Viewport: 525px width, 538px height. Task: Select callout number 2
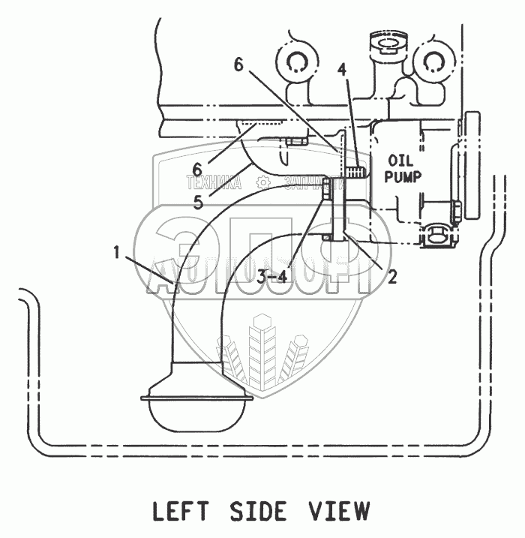(391, 278)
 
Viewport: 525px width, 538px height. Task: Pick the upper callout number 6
(238, 65)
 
